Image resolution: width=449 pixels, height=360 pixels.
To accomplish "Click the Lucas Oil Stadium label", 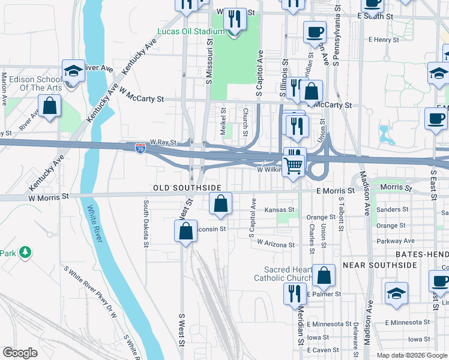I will pyautogui.click(x=190, y=31).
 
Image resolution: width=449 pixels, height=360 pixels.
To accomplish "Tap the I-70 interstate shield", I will pyautogui.click(x=140, y=148).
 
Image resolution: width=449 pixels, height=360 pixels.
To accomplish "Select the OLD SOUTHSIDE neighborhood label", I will pyautogui.click(x=187, y=188).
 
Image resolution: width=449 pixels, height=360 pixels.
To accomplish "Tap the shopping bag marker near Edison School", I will pyautogui.click(x=50, y=107).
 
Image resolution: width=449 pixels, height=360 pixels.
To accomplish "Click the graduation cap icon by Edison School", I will pyautogui.click(x=73, y=71).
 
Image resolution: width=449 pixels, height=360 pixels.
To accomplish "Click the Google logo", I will pyautogui.click(x=20, y=353).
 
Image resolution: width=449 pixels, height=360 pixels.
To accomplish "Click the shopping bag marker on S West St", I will pyautogui.click(x=186, y=231).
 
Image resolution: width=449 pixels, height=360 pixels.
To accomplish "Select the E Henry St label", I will pyautogui.click(x=384, y=40).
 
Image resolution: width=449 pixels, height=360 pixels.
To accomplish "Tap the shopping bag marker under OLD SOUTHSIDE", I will pyautogui.click(x=221, y=203).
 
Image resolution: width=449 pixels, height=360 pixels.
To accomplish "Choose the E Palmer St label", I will pyautogui.click(x=324, y=294).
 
